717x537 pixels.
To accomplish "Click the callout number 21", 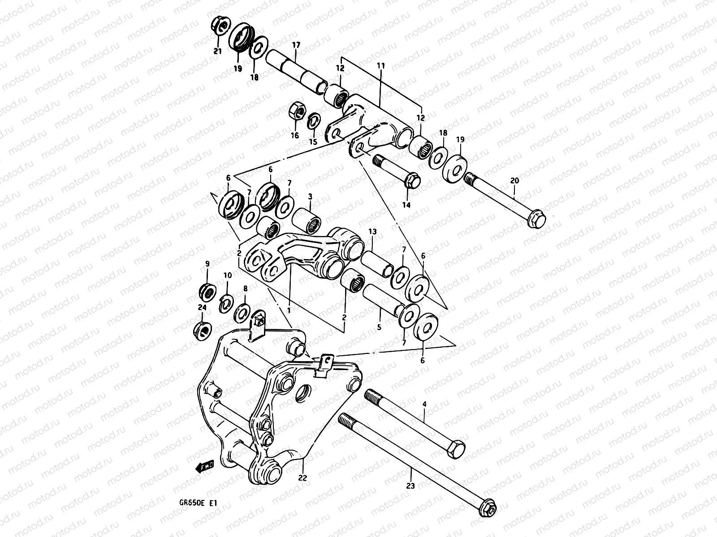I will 217,51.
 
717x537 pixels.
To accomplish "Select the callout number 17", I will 296,45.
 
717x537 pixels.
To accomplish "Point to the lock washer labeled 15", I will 314,121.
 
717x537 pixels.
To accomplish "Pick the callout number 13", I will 372,231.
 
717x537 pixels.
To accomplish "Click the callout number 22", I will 303,478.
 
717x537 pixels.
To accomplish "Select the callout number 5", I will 379,328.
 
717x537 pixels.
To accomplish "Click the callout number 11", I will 381,66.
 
